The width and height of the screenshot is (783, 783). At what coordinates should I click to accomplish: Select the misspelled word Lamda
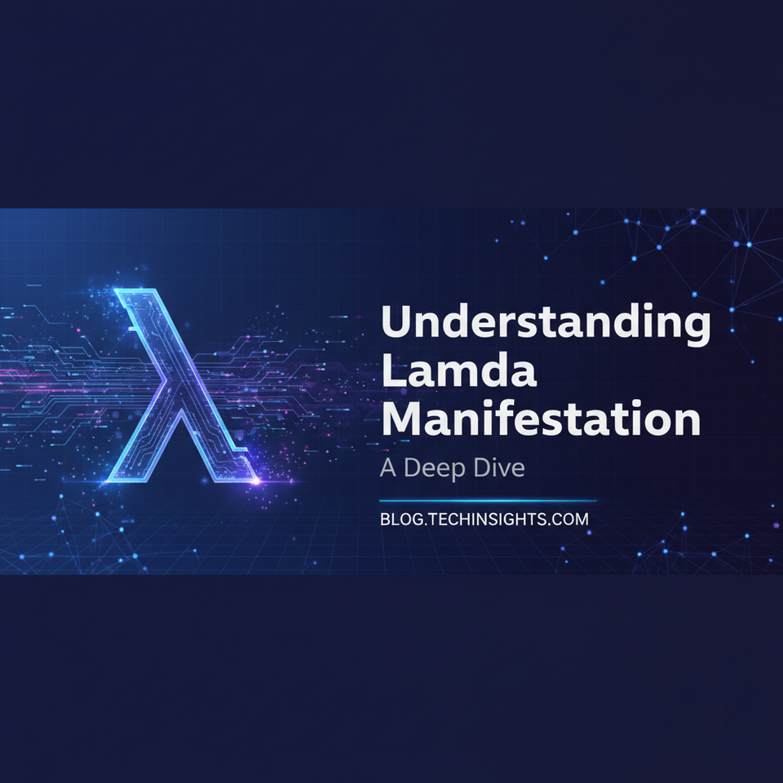[459, 372]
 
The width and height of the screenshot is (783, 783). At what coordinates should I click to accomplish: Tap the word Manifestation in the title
[541, 419]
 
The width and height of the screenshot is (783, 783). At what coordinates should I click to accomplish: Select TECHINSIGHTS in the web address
[484, 519]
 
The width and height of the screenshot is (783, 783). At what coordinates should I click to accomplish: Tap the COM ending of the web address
[568, 519]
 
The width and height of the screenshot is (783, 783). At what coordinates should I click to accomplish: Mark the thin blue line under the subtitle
[488, 501]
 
